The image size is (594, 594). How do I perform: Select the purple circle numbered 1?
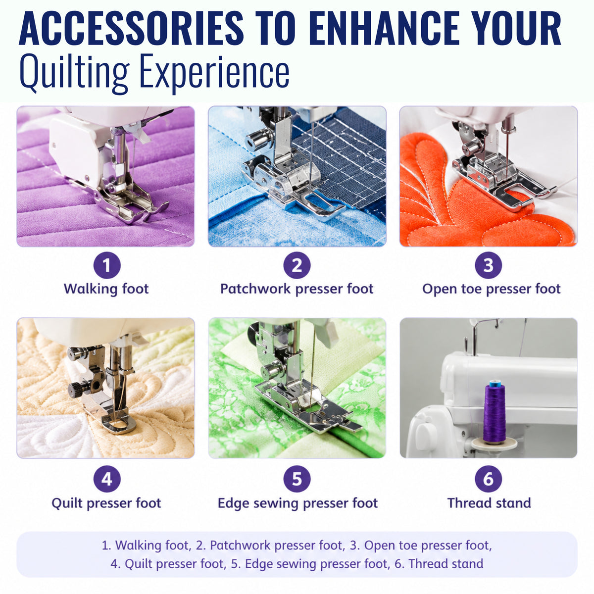106,265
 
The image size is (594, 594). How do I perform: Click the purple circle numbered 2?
297,265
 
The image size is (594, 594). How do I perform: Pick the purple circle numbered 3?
488,265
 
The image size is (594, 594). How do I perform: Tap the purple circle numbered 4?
106,479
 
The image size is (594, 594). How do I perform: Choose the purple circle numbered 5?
297,479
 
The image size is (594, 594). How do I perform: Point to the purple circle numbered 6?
488,479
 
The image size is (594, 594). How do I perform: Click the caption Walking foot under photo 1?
106,289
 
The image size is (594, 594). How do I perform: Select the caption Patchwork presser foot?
297,289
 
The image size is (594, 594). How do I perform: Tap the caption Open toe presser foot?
492,289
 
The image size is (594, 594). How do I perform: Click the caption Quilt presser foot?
106,503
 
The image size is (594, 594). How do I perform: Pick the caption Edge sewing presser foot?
298,503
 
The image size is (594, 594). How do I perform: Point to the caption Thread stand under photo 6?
489,503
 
